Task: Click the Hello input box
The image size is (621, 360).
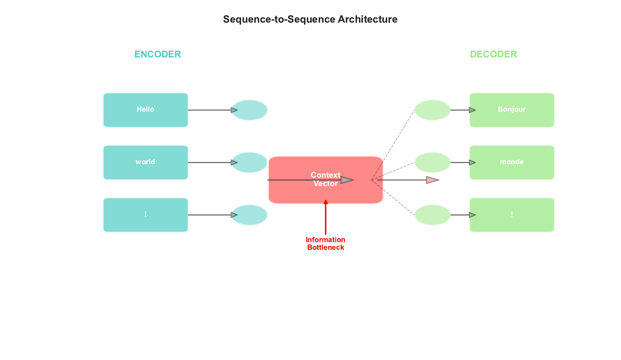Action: point(145,110)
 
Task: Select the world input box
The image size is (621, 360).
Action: point(145,162)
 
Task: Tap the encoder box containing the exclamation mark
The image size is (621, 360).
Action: point(145,215)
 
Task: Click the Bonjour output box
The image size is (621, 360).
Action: point(512,110)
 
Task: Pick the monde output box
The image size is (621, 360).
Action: point(512,162)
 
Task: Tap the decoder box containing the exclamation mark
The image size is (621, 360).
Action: point(512,215)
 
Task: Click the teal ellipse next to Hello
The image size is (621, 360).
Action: point(249,110)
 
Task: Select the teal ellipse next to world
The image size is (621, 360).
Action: point(249,162)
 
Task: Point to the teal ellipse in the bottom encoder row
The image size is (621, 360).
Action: point(249,215)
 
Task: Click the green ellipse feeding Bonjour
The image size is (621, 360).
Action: point(432,110)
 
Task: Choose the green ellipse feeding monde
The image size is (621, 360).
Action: point(432,162)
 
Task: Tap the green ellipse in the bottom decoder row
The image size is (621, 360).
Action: point(432,215)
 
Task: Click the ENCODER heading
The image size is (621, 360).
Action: point(158,54)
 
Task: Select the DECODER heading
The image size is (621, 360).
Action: point(493,54)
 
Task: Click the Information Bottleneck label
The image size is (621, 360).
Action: point(326,243)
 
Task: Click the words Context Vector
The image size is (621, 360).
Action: point(325,179)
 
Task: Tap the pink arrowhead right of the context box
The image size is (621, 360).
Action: point(432,180)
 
